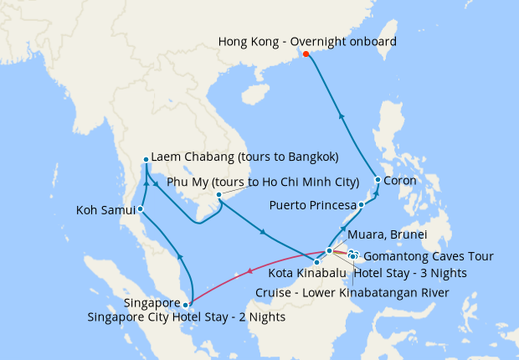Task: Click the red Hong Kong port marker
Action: point(306,54)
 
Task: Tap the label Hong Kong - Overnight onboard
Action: point(306,40)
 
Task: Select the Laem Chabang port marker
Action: point(146,159)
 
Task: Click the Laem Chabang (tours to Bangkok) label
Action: point(244,157)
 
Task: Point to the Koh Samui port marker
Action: point(140,208)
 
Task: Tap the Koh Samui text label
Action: point(105,209)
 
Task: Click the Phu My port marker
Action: point(218,196)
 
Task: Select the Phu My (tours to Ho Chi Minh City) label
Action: point(263,182)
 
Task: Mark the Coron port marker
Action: point(378,180)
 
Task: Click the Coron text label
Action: point(400,180)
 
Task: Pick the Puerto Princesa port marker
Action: point(361,205)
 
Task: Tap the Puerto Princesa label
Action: point(311,205)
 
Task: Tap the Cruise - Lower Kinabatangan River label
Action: point(352,291)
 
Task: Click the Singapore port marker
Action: point(186,305)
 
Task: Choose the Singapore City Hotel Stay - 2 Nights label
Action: point(186,317)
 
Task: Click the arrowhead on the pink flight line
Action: point(250,270)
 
